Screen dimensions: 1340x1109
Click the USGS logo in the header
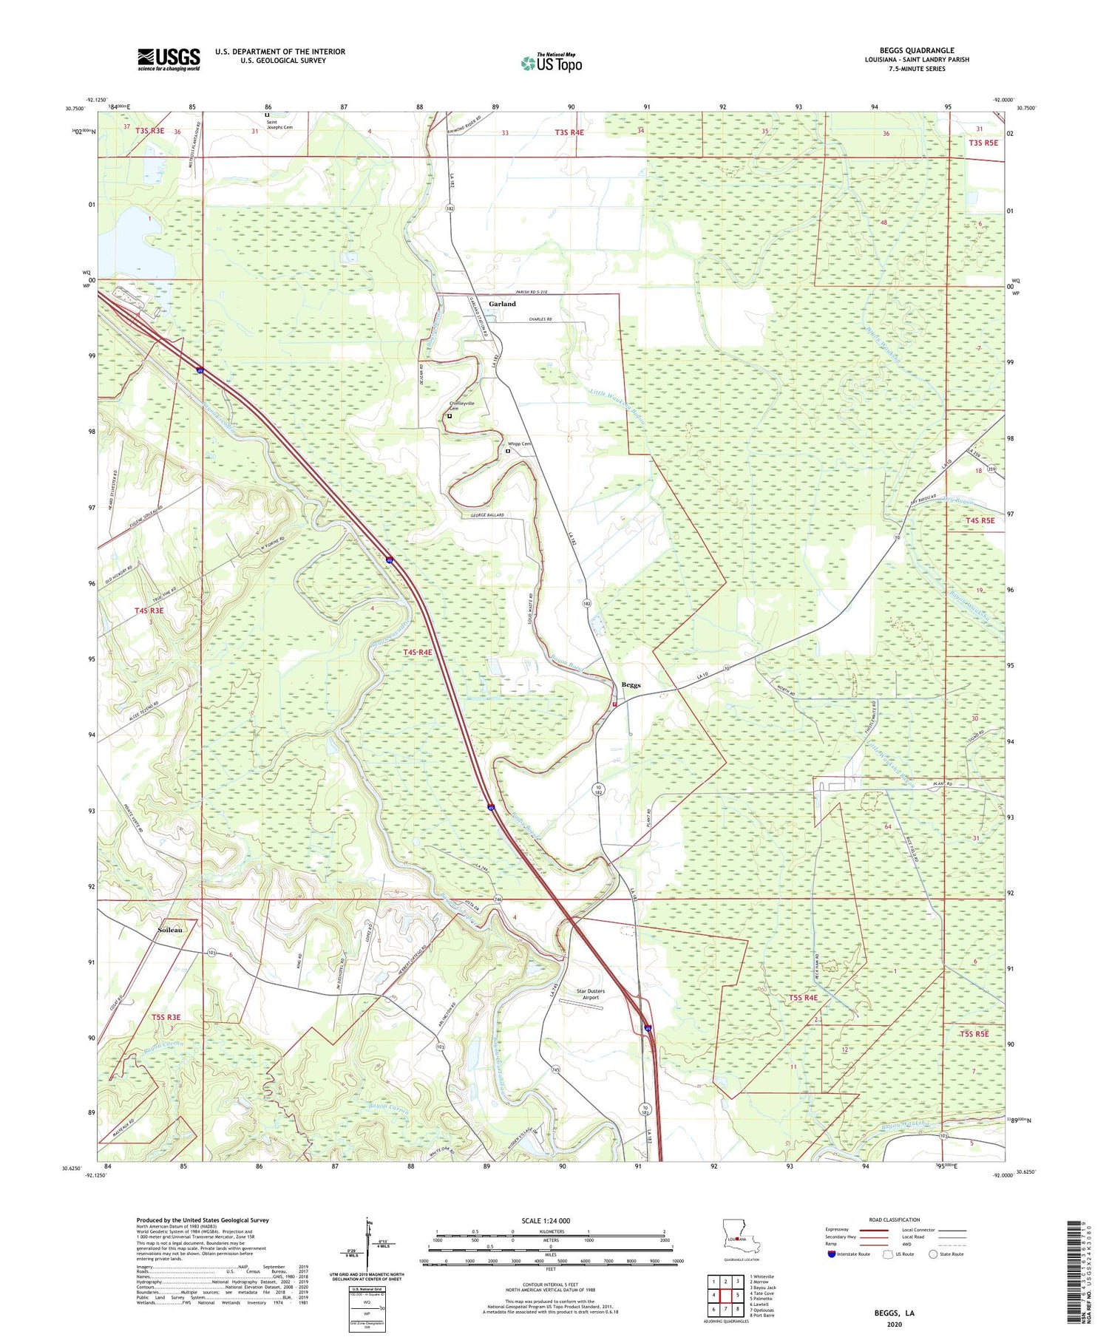pyautogui.click(x=169, y=59)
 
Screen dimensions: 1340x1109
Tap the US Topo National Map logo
pyautogui.click(x=551, y=63)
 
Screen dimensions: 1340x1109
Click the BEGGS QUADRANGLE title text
pyautogui.click(x=916, y=50)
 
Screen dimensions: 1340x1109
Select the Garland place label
pyautogui.click(x=502, y=304)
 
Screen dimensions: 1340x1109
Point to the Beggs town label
pyautogui.click(x=631, y=684)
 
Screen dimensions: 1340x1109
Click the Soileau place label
pyautogui.click(x=170, y=930)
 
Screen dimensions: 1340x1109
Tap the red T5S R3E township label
pyautogui.click(x=166, y=1017)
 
